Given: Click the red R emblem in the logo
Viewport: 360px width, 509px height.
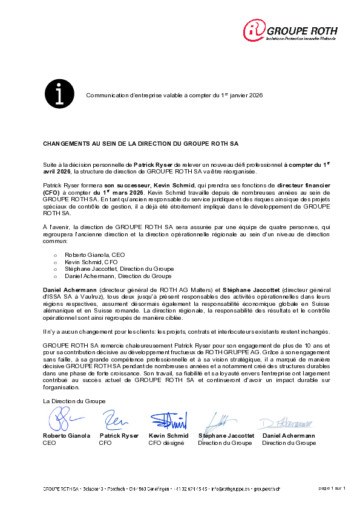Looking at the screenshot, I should click(255, 30).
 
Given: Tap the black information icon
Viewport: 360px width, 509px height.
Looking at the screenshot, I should click(59, 93).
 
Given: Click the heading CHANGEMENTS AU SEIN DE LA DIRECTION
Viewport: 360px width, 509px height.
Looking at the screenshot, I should click(141, 145).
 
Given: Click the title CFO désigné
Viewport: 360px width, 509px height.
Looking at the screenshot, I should click(165, 443).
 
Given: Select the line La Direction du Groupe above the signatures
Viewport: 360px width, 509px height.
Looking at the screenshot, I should click(74, 401).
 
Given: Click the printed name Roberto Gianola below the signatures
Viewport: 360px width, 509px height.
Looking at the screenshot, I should click(67, 436).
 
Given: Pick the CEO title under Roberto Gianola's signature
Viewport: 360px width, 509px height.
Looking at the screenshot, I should click(49, 443).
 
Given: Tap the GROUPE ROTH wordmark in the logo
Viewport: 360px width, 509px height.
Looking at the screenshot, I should click(302, 31).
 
